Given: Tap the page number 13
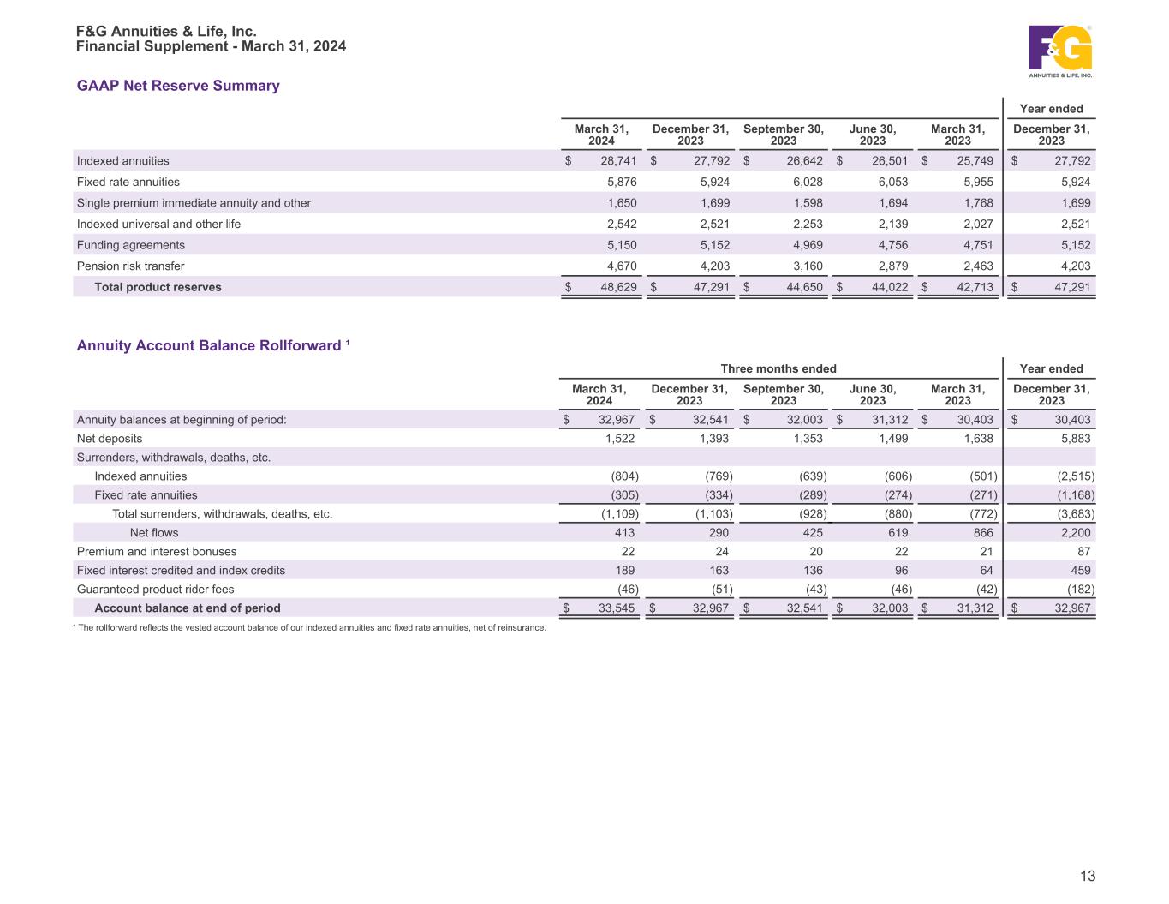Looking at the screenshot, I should tap(1088, 876).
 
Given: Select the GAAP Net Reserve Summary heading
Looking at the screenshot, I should tap(178, 86).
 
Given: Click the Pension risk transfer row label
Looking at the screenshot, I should tap(130, 266).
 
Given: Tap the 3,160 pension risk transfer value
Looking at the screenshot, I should tap(805, 266).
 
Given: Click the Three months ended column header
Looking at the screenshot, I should tap(778, 368).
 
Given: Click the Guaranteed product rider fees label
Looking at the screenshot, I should tap(155, 590).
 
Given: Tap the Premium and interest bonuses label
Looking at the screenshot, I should tap(157, 552).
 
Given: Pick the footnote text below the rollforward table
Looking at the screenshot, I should tap(309, 628).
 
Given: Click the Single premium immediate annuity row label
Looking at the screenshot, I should tap(194, 203).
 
